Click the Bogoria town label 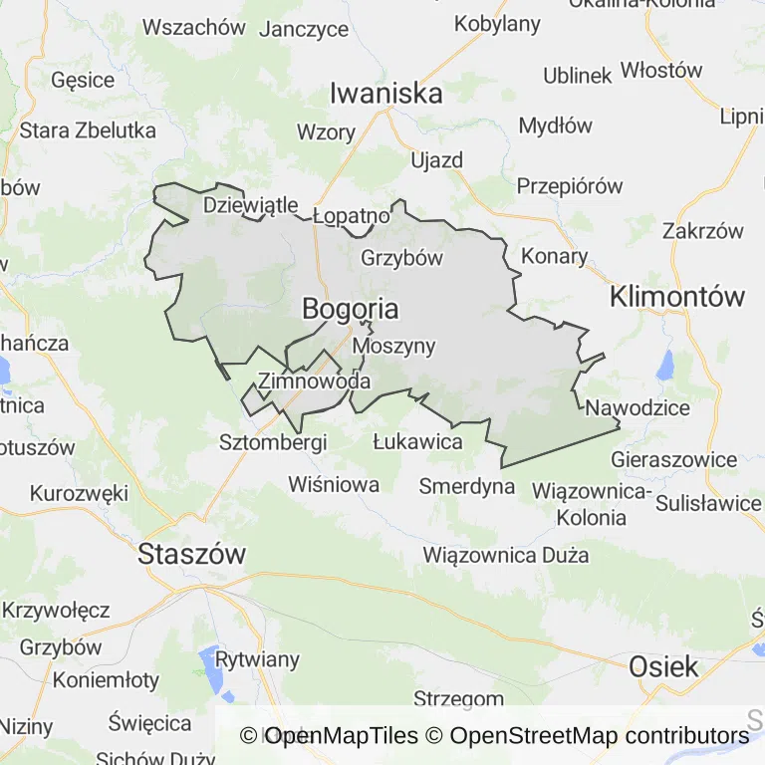(350, 310)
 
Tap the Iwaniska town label (386, 94)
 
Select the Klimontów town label (677, 296)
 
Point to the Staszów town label (192, 554)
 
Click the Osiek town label (663, 666)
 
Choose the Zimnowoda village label (314, 381)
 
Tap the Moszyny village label (394, 347)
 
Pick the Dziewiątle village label (250, 205)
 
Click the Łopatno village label (351, 215)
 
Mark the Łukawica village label (416, 441)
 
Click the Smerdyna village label (466, 486)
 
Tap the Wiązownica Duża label (505, 554)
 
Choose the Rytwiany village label (257, 659)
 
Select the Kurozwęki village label (80, 493)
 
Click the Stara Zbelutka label (88, 129)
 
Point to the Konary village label (555, 256)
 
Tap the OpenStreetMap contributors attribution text (600, 736)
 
